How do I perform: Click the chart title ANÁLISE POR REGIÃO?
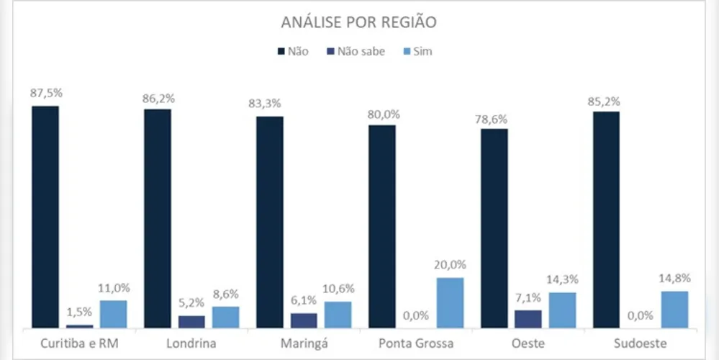pyautogui.click(x=359, y=22)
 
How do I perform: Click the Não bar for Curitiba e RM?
pyautogui.click(x=45, y=216)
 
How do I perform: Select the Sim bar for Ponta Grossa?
pyautogui.click(x=450, y=302)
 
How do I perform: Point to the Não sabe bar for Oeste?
pyautogui.click(x=528, y=319)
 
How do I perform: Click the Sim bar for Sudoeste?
pyautogui.click(x=674, y=310)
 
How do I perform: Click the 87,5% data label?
pyautogui.click(x=45, y=94)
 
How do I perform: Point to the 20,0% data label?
pyautogui.click(x=451, y=265)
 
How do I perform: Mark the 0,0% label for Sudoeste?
pyautogui.click(x=641, y=315)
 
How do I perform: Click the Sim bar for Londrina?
pyautogui.click(x=225, y=317)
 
